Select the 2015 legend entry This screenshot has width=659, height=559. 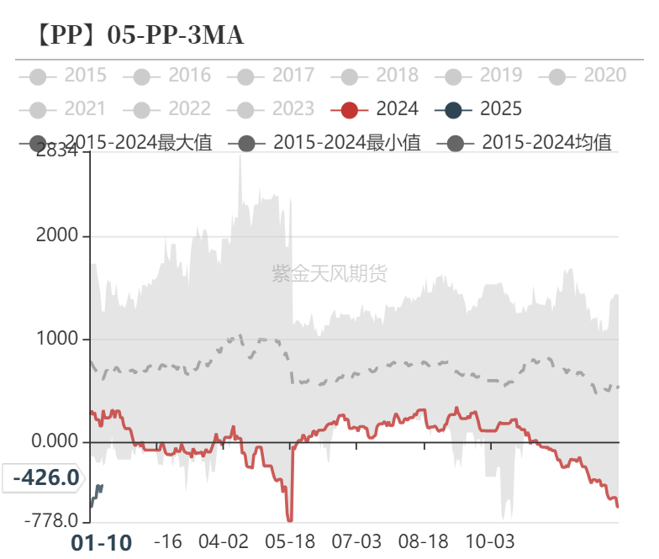tap(67, 76)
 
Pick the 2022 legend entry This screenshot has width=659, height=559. tap(171, 108)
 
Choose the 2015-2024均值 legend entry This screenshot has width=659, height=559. tap(525, 142)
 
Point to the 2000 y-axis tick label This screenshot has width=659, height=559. tap(57, 236)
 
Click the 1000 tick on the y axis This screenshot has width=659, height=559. tap(57, 339)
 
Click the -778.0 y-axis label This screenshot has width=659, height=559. tap(50, 521)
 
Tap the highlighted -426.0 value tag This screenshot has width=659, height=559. tap(45, 478)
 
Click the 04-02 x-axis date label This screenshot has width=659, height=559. tap(224, 541)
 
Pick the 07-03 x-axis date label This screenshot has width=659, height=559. tap(357, 541)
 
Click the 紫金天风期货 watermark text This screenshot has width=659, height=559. tap(329, 273)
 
